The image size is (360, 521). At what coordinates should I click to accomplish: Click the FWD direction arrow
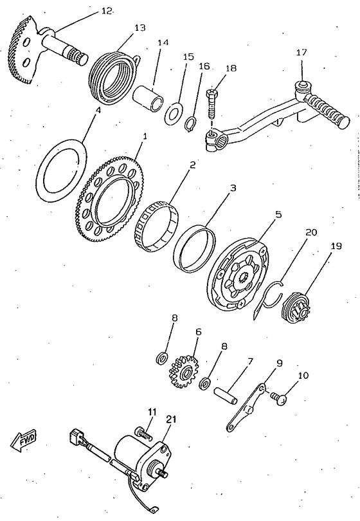tap(24, 441)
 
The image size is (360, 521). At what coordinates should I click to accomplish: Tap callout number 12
tap(106, 12)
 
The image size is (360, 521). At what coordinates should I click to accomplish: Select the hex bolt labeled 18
tap(212, 104)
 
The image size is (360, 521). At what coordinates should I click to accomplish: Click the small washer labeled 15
tap(173, 113)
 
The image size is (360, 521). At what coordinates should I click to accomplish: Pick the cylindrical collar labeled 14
tap(148, 98)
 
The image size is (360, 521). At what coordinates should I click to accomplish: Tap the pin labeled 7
tap(226, 395)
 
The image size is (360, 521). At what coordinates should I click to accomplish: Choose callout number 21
tap(172, 419)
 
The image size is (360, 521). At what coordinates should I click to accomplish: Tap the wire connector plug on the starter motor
tap(76, 437)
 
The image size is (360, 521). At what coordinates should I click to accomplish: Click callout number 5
tap(278, 214)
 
